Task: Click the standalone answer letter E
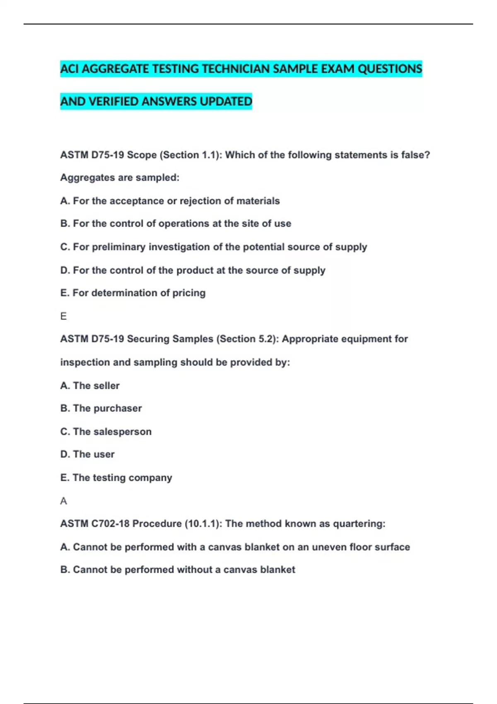tap(63, 316)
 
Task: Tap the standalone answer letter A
tap(63, 501)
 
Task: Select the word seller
tap(106, 386)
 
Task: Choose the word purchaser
tap(118, 408)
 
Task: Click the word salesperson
tap(123, 432)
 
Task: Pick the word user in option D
tap(104, 454)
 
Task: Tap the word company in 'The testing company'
tap(150, 478)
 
